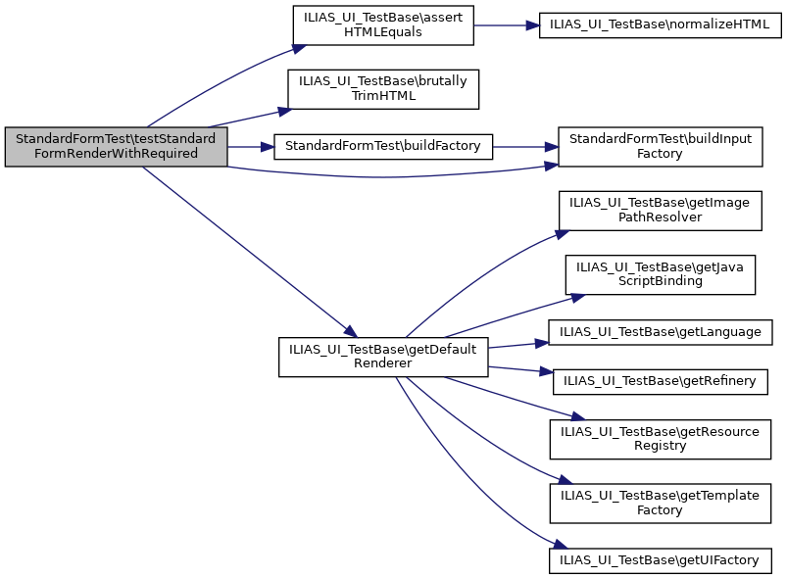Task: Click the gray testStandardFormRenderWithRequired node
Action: click(x=117, y=146)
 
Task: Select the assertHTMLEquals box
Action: click(x=383, y=25)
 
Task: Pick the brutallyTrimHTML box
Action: click(x=383, y=89)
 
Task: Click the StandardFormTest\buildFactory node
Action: click(x=382, y=146)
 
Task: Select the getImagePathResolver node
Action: click(x=660, y=209)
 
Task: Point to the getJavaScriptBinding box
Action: click(x=660, y=273)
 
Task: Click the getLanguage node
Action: click(x=660, y=332)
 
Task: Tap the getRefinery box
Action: click(x=660, y=380)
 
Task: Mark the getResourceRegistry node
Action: click(x=660, y=438)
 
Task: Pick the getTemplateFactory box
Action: click(x=660, y=503)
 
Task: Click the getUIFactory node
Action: click(x=660, y=559)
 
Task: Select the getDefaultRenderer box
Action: click(x=383, y=357)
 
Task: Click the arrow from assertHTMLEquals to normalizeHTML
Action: click(x=506, y=25)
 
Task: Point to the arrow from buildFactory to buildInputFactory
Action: click(x=524, y=146)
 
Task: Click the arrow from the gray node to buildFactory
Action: click(x=250, y=146)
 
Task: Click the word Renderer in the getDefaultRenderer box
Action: click(x=383, y=363)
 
